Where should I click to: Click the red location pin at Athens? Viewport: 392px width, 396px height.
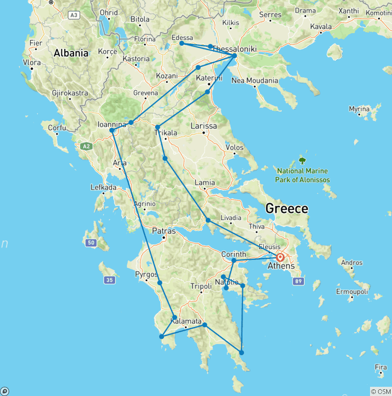pyautogui.click(x=280, y=257)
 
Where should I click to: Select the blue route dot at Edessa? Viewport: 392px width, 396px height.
pyautogui.click(x=182, y=43)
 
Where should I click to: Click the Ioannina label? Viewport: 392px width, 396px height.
pyautogui.click(x=112, y=123)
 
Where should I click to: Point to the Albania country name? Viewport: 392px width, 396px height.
pyautogui.click(x=71, y=53)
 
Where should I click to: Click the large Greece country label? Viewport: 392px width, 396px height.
pyautogui.click(x=286, y=208)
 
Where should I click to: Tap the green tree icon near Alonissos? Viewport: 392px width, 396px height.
pyautogui.click(x=303, y=160)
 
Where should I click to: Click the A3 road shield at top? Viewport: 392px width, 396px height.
pyautogui.click(x=75, y=15)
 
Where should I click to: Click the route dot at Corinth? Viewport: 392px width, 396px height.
pyautogui.click(x=234, y=261)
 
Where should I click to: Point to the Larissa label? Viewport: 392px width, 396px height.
pyautogui.click(x=204, y=126)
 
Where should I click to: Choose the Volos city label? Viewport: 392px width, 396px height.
pyautogui.click(x=234, y=147)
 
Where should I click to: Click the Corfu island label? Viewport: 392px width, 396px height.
pyautogui.click(x=57, y=128)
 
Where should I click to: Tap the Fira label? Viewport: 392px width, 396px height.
pyautogui.click(x=381, y=367)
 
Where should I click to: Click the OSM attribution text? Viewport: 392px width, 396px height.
pyautogui.click(x=381, y=391)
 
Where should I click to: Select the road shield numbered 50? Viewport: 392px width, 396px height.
pyautogui.click(x=91, y=242)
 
